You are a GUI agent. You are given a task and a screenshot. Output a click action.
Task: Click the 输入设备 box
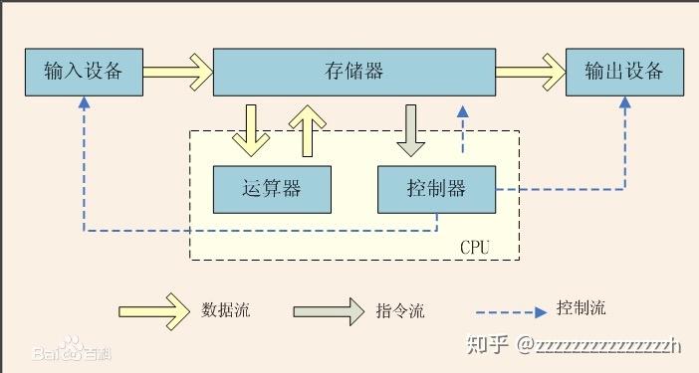[x=84, y=72]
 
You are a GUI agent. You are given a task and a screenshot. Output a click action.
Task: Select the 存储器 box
[x=354, y=72]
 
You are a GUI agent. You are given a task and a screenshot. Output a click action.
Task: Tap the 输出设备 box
[x=625, y=72]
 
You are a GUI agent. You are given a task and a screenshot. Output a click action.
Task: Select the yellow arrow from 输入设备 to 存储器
[x=177, y=72]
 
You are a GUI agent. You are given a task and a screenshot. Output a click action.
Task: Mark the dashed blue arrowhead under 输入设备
[x=84, y=102]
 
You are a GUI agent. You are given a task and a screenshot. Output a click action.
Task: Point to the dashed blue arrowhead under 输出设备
[x=625, y=102]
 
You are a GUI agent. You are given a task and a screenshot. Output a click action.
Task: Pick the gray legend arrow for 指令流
[x=329, y=310]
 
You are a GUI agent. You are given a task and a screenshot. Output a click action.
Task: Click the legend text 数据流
[x=225, y=310]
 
